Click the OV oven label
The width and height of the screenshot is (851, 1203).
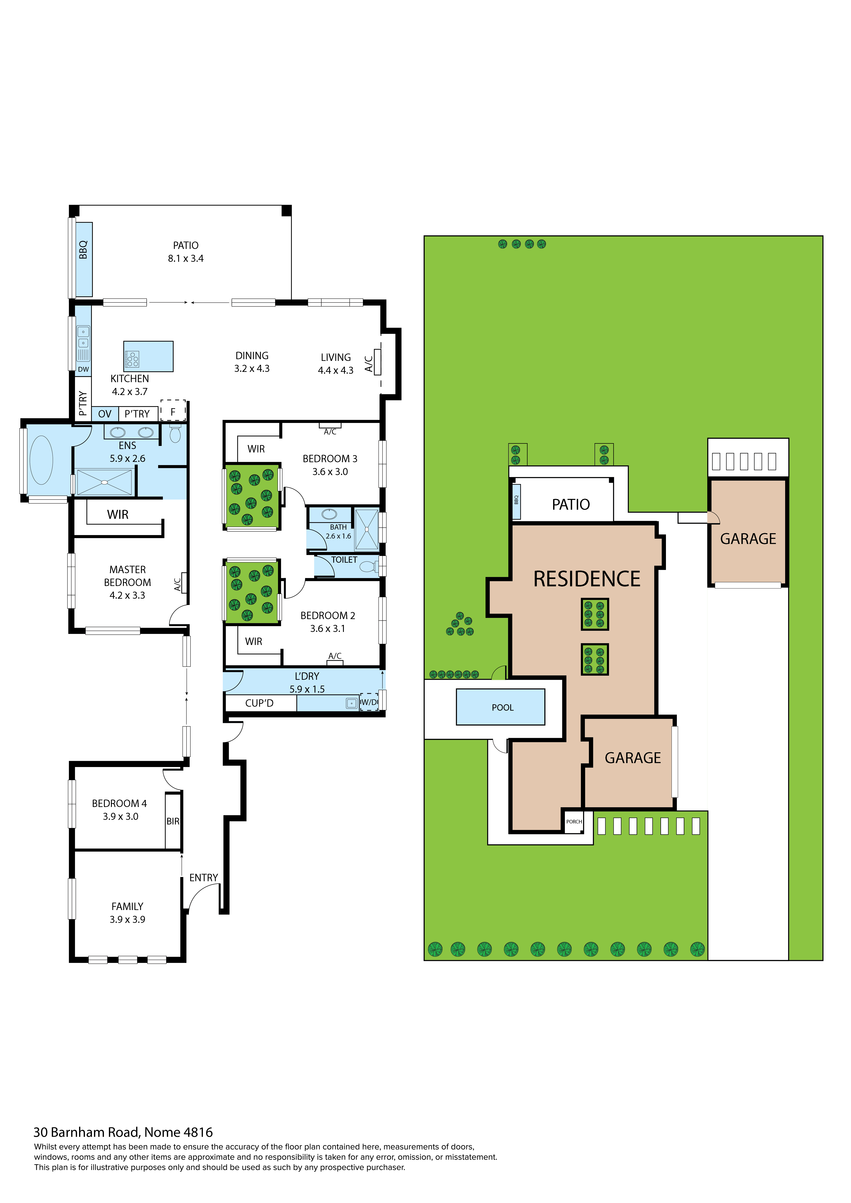105,414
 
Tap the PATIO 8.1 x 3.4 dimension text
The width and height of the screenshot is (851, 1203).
186,258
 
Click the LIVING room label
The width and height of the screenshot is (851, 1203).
335,357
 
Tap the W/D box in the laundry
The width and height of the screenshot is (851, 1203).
369,702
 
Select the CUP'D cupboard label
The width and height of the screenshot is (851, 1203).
259,703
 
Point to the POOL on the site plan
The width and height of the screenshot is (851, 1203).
502,707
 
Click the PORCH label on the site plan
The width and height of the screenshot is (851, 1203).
574,822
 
